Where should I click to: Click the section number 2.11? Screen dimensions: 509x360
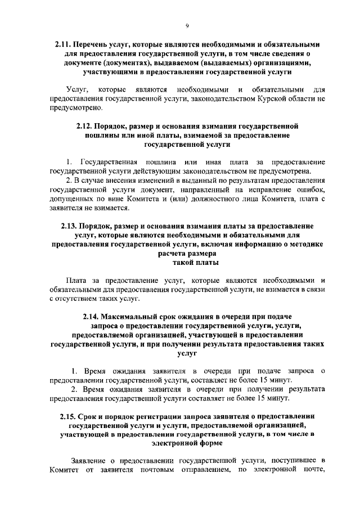point(64,43)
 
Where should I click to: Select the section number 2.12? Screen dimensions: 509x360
point(85,126)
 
